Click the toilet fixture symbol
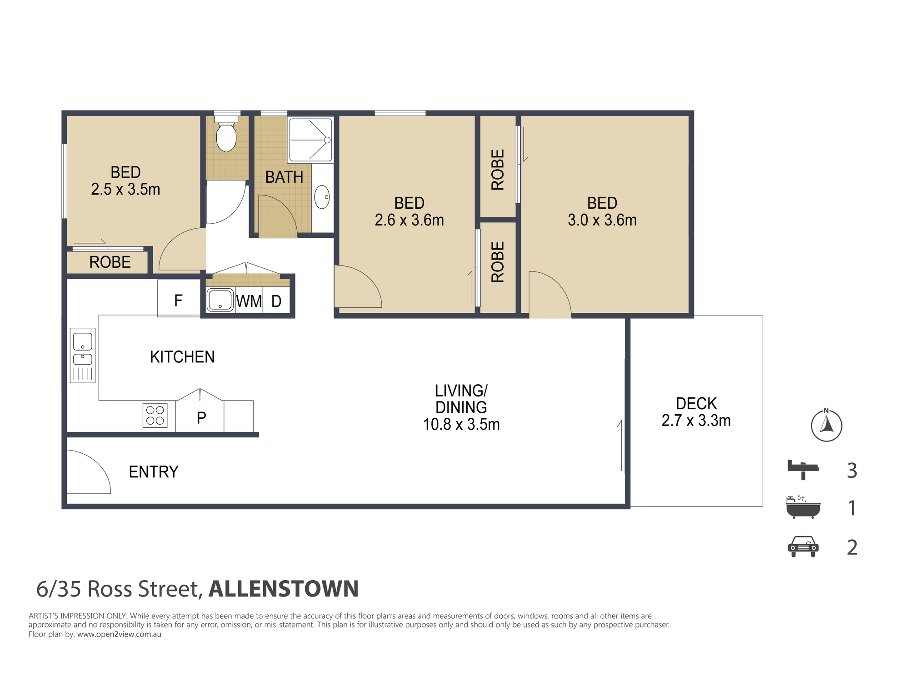226,134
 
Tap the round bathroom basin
322,197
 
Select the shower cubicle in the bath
310,140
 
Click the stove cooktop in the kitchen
155,415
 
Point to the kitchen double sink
83,355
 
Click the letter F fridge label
178,300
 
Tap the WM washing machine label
249,301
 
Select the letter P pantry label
201,417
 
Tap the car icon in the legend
803,547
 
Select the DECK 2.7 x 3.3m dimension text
696,412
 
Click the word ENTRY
154,472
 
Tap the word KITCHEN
182,357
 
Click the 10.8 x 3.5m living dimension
461,424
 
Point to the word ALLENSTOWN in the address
284,589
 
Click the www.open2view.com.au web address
119,634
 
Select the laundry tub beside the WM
220,300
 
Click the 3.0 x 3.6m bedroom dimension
602,220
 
